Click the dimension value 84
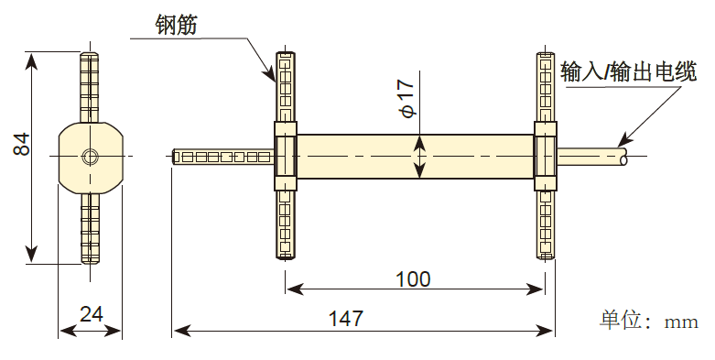pyautogui.click(x=22, y=146)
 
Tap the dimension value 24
pyautogui.click(x=91, y=314)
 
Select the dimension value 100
pyautogui.click(x=413, y=278)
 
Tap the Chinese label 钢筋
pyautogui.click(x=171, y=25)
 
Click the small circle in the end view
pyautogui.click(x=90, y=156)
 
